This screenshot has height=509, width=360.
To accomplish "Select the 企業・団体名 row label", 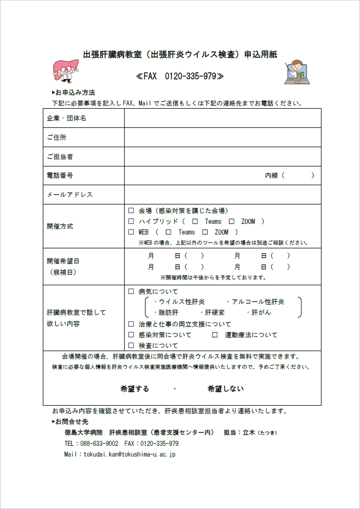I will click(66, 118).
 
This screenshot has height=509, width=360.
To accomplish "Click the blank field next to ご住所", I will click(223, 137).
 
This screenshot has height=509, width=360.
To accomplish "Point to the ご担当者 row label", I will click(60, 156).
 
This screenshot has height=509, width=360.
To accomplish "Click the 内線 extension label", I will click(275, 176).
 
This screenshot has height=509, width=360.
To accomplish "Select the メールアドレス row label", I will click(70, 195).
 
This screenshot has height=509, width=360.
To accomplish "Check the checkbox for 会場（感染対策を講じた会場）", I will click(131, 211).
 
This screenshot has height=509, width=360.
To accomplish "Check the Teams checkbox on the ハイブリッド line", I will click(195, 222).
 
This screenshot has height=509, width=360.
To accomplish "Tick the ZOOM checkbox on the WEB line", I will click(205, 232).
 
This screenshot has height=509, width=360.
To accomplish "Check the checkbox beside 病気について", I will click(131, 292).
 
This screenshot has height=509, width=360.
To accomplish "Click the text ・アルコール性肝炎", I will click(255, 302).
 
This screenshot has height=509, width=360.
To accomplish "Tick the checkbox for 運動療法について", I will click(215, 335).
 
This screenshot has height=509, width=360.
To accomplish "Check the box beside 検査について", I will click(131, 346).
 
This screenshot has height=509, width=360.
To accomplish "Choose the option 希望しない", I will click(225, 389).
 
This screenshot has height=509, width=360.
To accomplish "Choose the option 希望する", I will click(135, 389).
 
